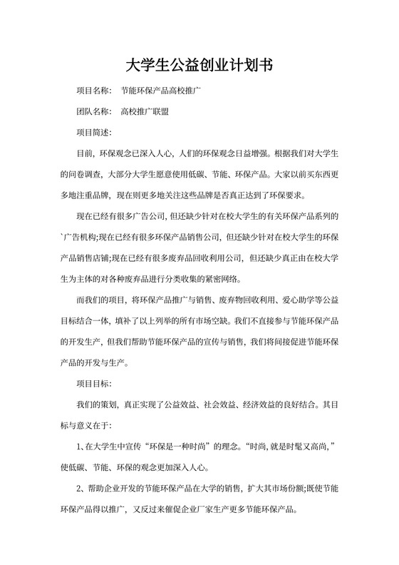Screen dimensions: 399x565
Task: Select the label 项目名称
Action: tap(93, 92)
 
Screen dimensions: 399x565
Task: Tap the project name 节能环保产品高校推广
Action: tap(162, 92)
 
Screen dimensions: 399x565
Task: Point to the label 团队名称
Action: tap(93, 112)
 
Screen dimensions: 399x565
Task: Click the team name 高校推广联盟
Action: tap(146, 112)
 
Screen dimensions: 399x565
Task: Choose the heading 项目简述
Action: tap(93, 132)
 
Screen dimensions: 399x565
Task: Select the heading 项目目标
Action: tap(93, 385)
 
